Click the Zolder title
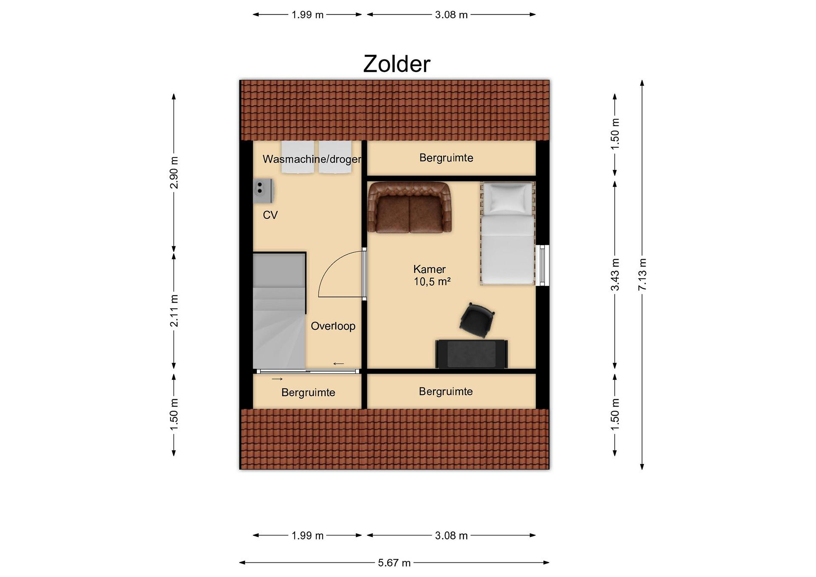[x=397, y=64]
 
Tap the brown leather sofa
[x=409, y=208]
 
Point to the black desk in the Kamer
[x=472, y=354]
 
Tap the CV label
[x=270, y=215]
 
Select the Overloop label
[x=333, y=326]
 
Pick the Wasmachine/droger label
[x=312, y=159]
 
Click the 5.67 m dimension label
[x=394, y=563]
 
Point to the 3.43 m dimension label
[x=615, y=275]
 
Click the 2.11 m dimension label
[x=174, y=310]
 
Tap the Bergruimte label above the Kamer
[x=446, y=158]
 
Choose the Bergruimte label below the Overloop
[x=308, y=393]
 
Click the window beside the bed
[x=542, y=265]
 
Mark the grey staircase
[x=279, y=311]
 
